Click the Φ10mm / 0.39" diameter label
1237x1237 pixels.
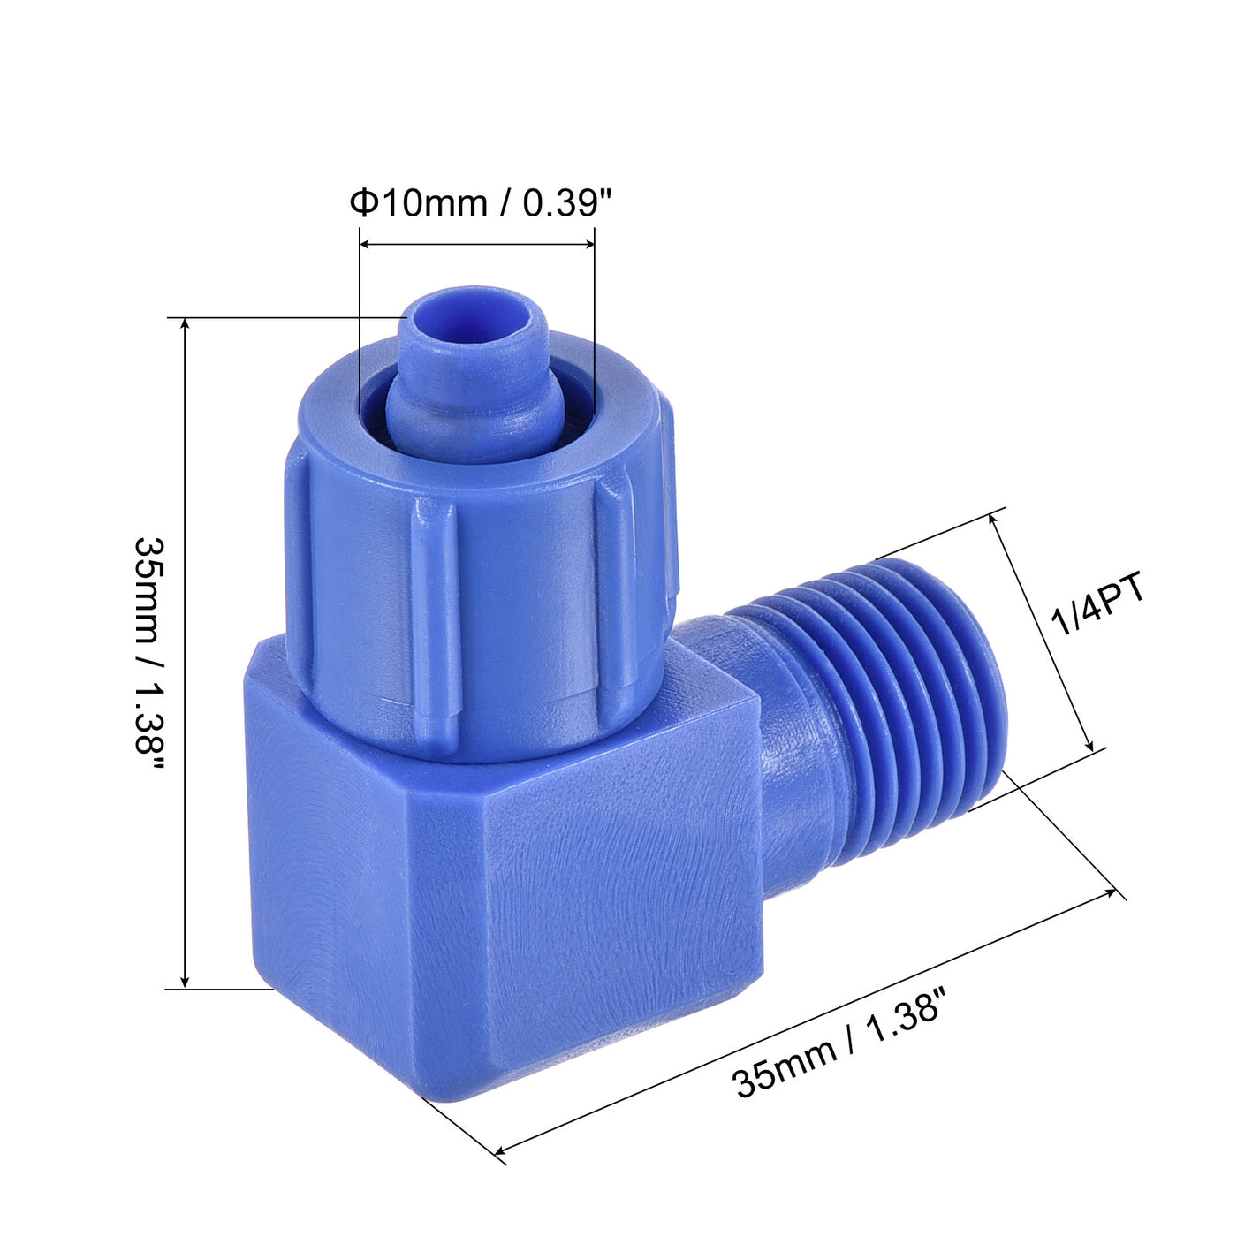pos(480,203)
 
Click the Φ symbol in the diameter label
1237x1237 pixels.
pos(362,203)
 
